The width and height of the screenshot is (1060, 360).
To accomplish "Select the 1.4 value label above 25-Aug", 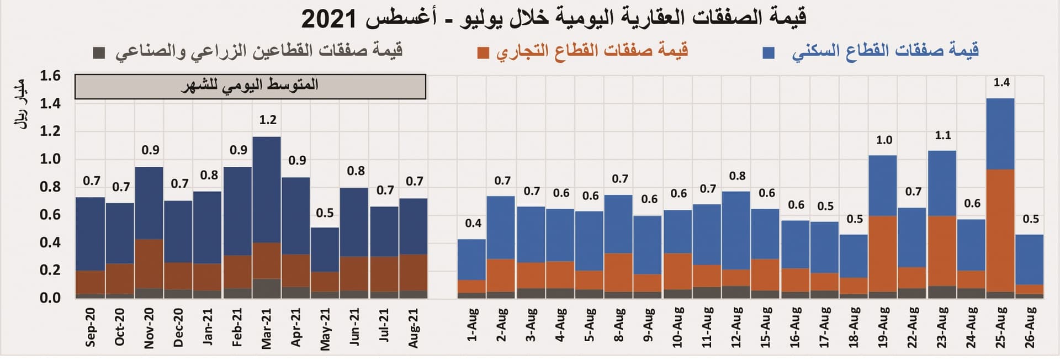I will pyautogui.click(x=1001, y=82).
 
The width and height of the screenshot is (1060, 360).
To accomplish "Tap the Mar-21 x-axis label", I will pyautogui.click(x=266, y=328).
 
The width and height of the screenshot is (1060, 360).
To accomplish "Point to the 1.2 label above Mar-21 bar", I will pyautogui.click(x=268, y=120).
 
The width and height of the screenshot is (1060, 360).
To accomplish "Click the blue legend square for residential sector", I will pyautogui.click(x=768, y=53).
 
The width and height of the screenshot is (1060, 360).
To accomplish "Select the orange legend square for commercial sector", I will pyautogui.click(x=483, y=53).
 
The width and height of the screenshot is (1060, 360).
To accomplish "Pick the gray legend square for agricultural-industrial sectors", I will pyautogui.click(x=99, y=53).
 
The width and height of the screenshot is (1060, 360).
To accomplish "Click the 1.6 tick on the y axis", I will pyautogui.click(x=50, y=76).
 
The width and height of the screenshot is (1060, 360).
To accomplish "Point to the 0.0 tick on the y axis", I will pyautogui.click(x=50, y=298).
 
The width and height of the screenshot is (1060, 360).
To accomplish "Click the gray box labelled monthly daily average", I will pyautogui.click(x=250, y=87).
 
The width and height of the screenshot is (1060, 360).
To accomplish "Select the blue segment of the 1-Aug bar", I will pyautogui.click(x=471, y=260).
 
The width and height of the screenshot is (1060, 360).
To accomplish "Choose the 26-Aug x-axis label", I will pyautogui.click(x=1030, y=327).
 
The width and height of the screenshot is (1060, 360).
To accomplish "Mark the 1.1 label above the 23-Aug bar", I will pyautogui.click(x=942, y=135).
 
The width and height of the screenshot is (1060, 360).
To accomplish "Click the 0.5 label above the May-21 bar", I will pyautogui.click(x=325, y=213).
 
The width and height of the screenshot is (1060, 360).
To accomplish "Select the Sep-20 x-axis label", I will pyautogui.click(x=91, y=327).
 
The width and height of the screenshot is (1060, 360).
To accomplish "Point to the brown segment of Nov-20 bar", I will pyautogui.click(x=149, y=263).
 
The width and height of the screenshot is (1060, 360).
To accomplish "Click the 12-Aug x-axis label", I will pyautogui.click(x=736, y=327).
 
